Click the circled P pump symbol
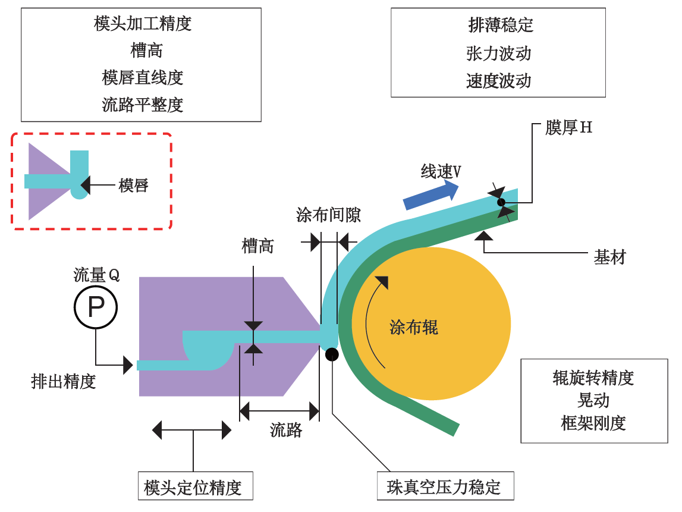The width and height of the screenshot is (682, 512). coord(96,307)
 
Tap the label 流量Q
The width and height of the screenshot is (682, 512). coord(96,275)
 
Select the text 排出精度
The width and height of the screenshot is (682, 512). coord(64,381)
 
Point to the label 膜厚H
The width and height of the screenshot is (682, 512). coord(568,127)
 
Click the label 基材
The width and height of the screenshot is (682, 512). coord(610,257)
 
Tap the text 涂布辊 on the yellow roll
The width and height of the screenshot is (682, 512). coord(414,327)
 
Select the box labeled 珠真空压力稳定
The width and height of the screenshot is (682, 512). coord(445,487)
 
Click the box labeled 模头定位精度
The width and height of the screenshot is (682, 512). coord(194,487)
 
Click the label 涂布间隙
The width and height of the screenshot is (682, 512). coord(329,215)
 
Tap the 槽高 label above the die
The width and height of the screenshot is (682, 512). coord(257,246)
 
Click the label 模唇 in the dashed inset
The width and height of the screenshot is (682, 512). coord(133,186)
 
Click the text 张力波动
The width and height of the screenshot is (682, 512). coord(499,54)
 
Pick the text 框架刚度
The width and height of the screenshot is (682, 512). coord(593,423)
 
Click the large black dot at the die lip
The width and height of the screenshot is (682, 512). coord(332,354)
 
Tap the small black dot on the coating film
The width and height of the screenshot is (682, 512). coord(501,202)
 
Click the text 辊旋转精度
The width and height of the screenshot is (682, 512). coord(593,378)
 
